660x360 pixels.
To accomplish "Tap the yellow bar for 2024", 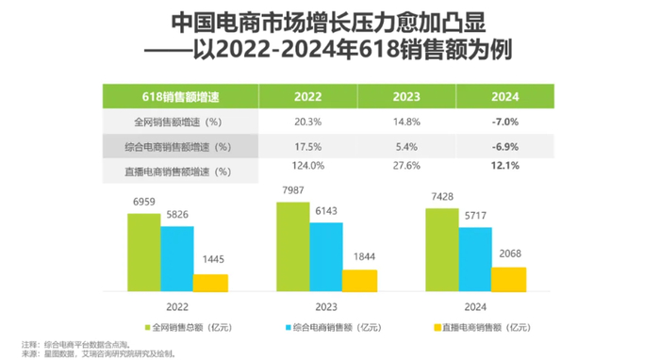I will click(x=509, y=280).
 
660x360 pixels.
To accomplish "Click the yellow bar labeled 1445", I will click(x=210, y=283).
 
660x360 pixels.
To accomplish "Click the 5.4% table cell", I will click(x=406, y=146).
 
